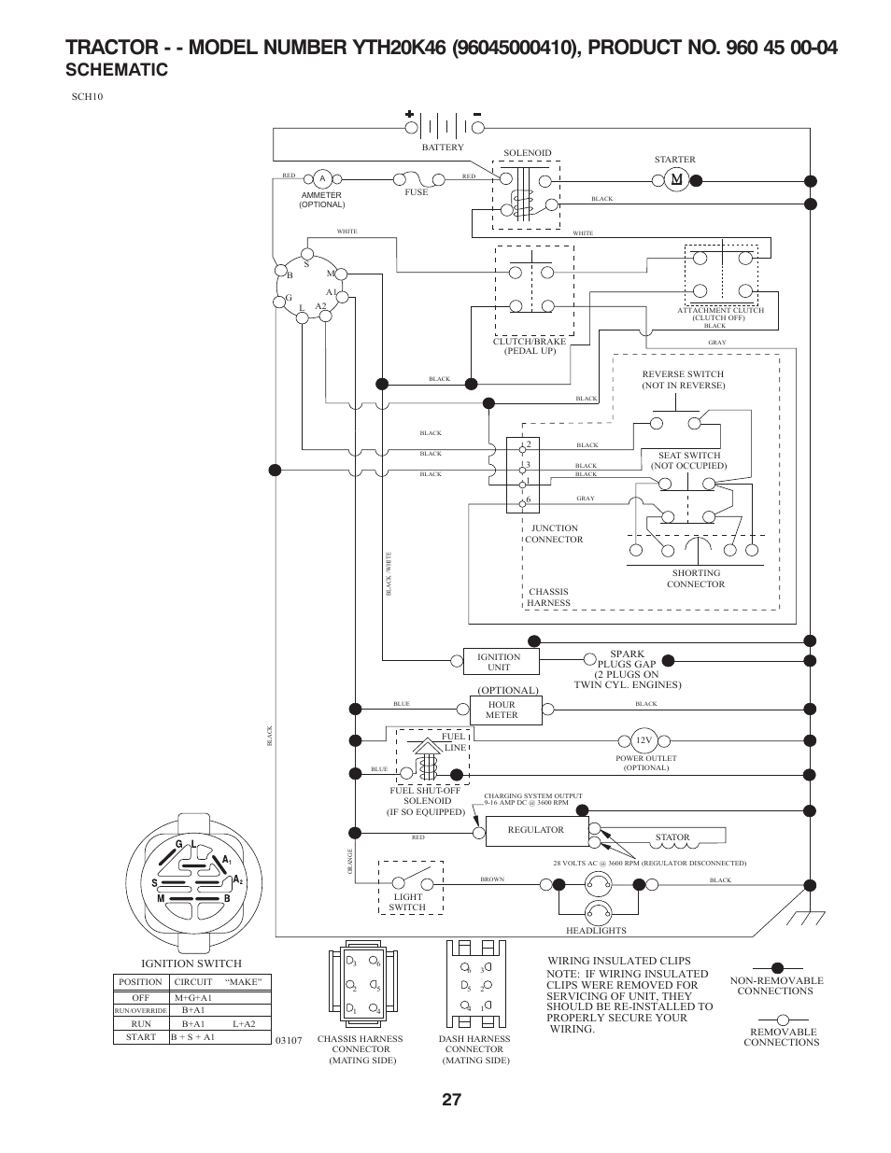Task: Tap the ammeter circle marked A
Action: [x=321, y=178]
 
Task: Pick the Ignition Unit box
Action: [x=501, y=662]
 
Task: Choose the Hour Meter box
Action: [x=502, y=710]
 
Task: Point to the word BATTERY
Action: [x=442, y=148]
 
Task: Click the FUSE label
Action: [x=416, y=192]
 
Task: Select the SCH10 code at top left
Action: [x=85, y=96]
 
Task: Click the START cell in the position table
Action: [x=140, y=1037]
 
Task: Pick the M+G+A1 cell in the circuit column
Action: [x=193, y=998]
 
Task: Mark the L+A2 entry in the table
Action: [x=243, y=1023]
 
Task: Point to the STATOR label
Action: [x=672, y=837]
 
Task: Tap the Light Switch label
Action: [x=407, y=902]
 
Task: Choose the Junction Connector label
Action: [x=554, y=534]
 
